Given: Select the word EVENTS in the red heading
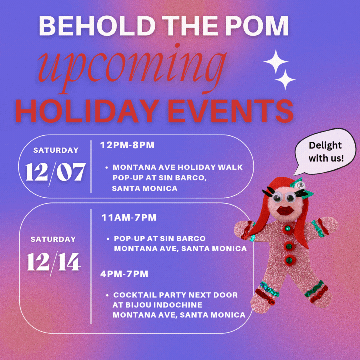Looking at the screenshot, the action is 231,111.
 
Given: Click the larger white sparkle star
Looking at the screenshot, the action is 276,61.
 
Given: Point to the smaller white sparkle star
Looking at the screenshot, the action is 285,79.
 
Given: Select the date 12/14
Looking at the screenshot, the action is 54,262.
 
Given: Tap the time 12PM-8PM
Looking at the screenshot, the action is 127,145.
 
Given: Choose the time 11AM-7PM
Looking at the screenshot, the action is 129,217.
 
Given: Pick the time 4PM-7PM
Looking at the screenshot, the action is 124,274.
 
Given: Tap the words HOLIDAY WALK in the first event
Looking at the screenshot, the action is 210,167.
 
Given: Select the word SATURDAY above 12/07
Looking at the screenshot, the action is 56,150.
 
